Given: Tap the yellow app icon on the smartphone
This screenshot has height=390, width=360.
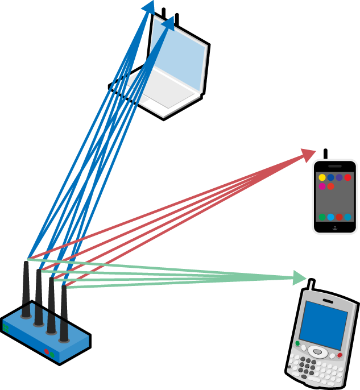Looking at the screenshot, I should pos(322,177).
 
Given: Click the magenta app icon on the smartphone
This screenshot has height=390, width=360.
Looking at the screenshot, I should pos(322,186).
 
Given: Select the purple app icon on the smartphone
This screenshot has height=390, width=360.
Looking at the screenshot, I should pos(339,177).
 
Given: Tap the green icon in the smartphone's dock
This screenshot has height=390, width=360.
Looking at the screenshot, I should pos(322,217).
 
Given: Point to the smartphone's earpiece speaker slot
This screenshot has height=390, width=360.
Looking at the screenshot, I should pos(335,165).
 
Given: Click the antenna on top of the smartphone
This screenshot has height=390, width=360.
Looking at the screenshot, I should pos(325,153).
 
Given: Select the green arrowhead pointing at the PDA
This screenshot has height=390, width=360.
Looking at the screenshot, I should pos(300,278).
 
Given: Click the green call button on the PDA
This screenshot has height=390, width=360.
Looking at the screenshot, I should pos(297,343).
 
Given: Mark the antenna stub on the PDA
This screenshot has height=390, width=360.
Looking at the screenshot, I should pos(310,283).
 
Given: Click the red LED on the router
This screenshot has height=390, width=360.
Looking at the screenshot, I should pos(47,351).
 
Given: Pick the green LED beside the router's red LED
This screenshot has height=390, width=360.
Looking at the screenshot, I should pos(52,354).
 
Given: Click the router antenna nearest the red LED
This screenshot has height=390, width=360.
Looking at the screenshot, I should pos(64,313).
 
